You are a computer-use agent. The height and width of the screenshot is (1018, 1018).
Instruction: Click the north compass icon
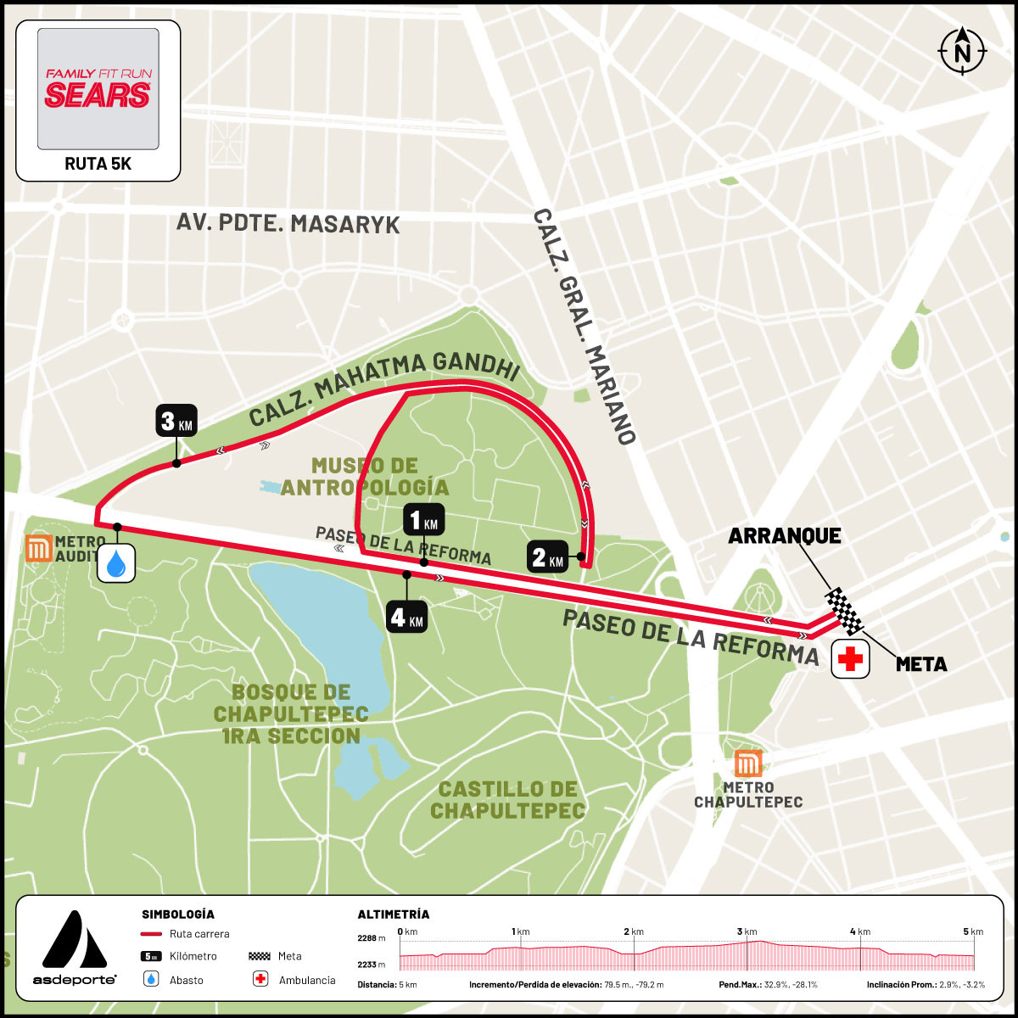click(963, 51)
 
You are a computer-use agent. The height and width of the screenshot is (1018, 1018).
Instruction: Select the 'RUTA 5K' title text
click(98, 164)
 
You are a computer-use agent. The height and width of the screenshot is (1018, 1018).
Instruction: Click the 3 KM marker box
click(176, 421)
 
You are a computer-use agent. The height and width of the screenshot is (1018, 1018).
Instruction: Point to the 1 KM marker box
click(423, 520)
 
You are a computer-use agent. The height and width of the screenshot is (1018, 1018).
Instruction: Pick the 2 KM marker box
click(547, 557)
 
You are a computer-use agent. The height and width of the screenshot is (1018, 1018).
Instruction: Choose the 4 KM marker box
click(406, 617)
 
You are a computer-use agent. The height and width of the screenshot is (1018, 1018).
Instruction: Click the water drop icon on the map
click(117, 562)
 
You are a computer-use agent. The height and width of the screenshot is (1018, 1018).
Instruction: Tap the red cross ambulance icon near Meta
click(850, 659)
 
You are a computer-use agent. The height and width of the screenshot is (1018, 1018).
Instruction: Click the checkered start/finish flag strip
click(844, 611)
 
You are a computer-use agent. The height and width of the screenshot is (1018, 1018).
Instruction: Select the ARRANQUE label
click(785, 535)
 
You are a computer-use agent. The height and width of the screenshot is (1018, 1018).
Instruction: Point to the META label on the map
click(921, 664)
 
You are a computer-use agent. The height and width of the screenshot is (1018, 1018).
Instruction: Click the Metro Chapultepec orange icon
click(747, 763)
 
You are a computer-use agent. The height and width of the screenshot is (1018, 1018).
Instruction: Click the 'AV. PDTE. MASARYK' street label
click(288, 224)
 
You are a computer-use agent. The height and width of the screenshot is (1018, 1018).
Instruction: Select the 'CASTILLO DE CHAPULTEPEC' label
click(507, 800)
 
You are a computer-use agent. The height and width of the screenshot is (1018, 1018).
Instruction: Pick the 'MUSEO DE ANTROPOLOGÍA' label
click(365, 476)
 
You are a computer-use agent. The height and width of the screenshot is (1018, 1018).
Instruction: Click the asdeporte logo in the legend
click(75, 948)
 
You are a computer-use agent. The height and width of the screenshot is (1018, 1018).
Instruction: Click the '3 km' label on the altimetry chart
click(746, 931)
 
